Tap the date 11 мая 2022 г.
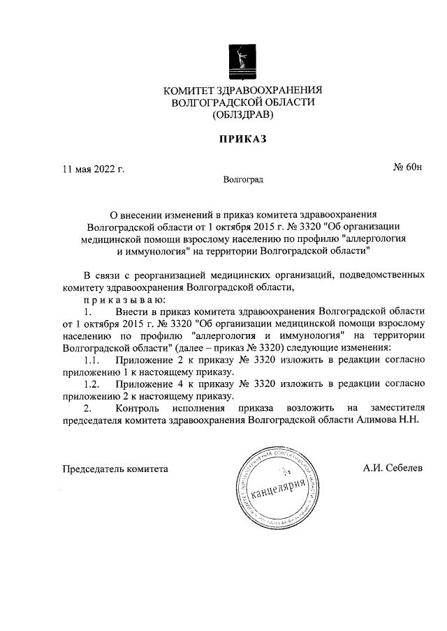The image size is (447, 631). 94,168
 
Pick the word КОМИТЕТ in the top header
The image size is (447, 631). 189,91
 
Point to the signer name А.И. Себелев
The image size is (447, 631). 393,469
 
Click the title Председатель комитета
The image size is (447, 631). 115,469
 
